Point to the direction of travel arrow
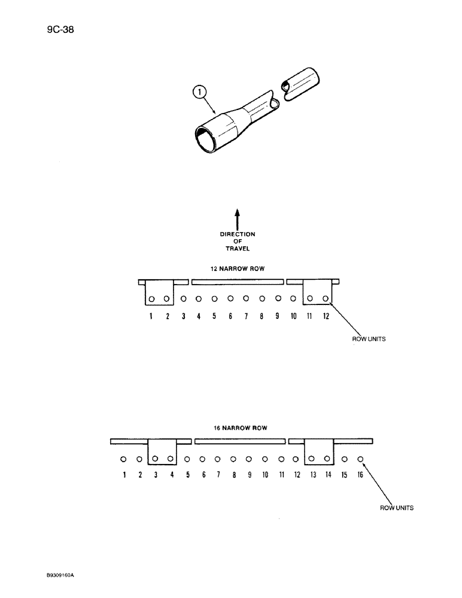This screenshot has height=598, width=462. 237,218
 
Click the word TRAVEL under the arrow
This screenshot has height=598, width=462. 237,248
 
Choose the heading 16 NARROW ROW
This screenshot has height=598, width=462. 239,428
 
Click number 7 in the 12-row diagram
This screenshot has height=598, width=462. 246,316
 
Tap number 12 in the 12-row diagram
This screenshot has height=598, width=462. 326,316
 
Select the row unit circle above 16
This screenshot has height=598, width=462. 360,459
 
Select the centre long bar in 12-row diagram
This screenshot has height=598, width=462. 238,281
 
